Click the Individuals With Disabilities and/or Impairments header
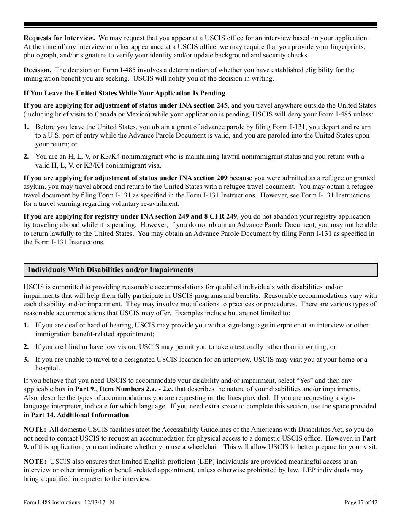coord(111,270)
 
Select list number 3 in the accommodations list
coord(26,360)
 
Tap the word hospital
coord(47,368)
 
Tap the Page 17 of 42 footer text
coord(361,503)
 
